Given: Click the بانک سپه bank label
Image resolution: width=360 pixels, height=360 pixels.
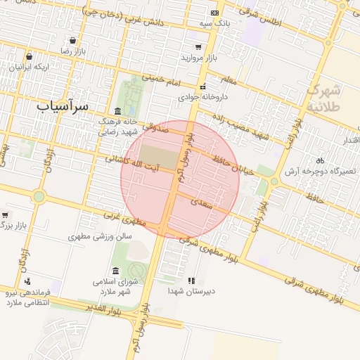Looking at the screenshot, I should point(214,23).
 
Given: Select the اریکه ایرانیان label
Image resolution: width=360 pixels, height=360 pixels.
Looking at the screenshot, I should point(30,67).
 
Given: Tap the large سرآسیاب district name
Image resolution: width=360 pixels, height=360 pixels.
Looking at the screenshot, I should point(63,105).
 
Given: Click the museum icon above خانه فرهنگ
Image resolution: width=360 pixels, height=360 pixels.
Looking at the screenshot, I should point(117,112).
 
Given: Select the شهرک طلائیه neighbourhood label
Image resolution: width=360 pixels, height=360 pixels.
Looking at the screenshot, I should point(323,98).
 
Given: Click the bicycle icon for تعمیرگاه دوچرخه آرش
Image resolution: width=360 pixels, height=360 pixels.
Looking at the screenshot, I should point(321,160).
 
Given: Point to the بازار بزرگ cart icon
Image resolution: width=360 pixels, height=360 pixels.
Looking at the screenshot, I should point(6,215).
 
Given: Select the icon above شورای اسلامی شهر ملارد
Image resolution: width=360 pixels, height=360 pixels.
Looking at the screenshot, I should point(115,271).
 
